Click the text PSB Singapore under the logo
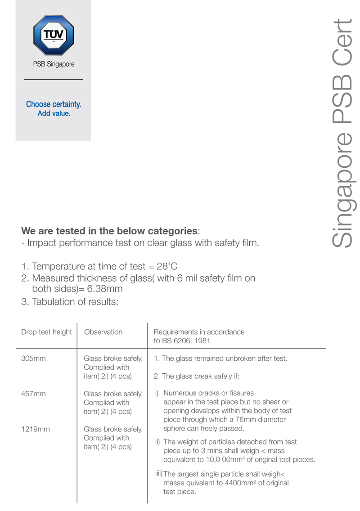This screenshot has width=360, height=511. (x=54, y=64)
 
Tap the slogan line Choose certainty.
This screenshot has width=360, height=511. (x=54, y=104)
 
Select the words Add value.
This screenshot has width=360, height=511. (x=54, y=113)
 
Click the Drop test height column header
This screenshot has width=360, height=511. (x=46, y=332)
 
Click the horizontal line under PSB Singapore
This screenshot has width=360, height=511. (x=53, y=80)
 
